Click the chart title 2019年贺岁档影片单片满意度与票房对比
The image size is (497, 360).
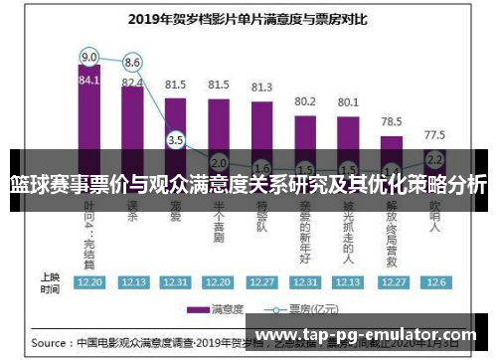[248, 17]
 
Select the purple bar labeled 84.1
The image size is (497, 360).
[88, 109]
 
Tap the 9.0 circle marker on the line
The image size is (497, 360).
[88, 56]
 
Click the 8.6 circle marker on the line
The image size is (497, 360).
[132, 63]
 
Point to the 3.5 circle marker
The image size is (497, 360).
[176, 140]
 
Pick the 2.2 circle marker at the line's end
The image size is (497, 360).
[434, 158]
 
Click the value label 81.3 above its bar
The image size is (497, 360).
[262, 87]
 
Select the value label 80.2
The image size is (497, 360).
[305, 100]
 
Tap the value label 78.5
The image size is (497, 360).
[391, 120]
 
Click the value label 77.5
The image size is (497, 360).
[434, 133]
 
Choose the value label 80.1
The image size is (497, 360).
[348, 101]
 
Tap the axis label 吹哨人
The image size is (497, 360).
[434, 214]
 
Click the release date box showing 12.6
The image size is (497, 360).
[434, 281]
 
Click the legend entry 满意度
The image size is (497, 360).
[224, 308]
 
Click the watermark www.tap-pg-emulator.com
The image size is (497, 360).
[367, 335]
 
